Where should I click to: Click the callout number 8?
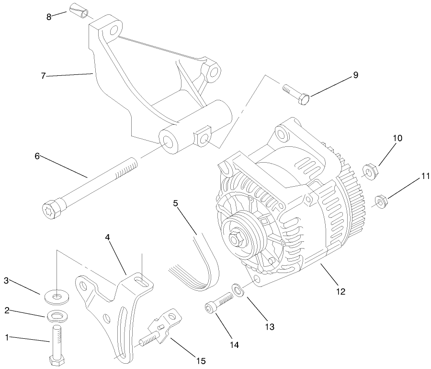coord(49,17)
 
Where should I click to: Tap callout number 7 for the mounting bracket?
coord(43,76)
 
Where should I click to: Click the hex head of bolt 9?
coord(304,100)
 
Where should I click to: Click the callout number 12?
coord(340,291)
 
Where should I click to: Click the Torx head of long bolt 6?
coord(51,209)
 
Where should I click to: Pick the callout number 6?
coord(37,156)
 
